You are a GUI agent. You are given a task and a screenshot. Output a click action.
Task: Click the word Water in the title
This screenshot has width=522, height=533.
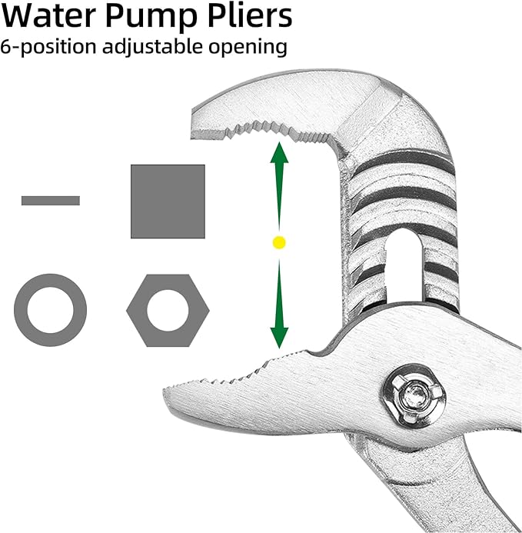click(x=48, y=15)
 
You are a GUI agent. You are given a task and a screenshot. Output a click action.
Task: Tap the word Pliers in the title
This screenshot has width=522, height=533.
click(x=250, y=15)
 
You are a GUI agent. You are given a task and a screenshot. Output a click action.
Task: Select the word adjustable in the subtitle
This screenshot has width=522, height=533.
click(x=153, y=47)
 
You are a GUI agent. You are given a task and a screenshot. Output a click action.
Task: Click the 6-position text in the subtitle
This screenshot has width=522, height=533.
click(x=48, y=48)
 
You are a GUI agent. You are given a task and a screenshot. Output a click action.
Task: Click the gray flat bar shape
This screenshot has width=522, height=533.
click(x=51, y=201)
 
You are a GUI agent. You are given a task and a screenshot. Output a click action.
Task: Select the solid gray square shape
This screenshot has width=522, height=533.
click(x=168, y=202)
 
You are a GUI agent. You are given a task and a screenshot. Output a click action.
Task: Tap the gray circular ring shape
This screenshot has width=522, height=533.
click(x=21, y=311)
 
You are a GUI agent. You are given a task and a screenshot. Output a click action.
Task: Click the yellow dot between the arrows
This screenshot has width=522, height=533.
click(x=279, y=243)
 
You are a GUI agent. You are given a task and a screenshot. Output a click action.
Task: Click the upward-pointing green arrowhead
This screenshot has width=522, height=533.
click(x=279, y=153)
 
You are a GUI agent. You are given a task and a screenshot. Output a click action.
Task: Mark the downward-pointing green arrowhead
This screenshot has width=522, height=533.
click(x=279, y=338)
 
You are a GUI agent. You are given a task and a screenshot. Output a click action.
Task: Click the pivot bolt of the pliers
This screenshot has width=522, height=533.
click(x=414, y=395)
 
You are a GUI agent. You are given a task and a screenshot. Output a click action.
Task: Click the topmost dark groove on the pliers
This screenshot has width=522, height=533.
click(x=404, y=159)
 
